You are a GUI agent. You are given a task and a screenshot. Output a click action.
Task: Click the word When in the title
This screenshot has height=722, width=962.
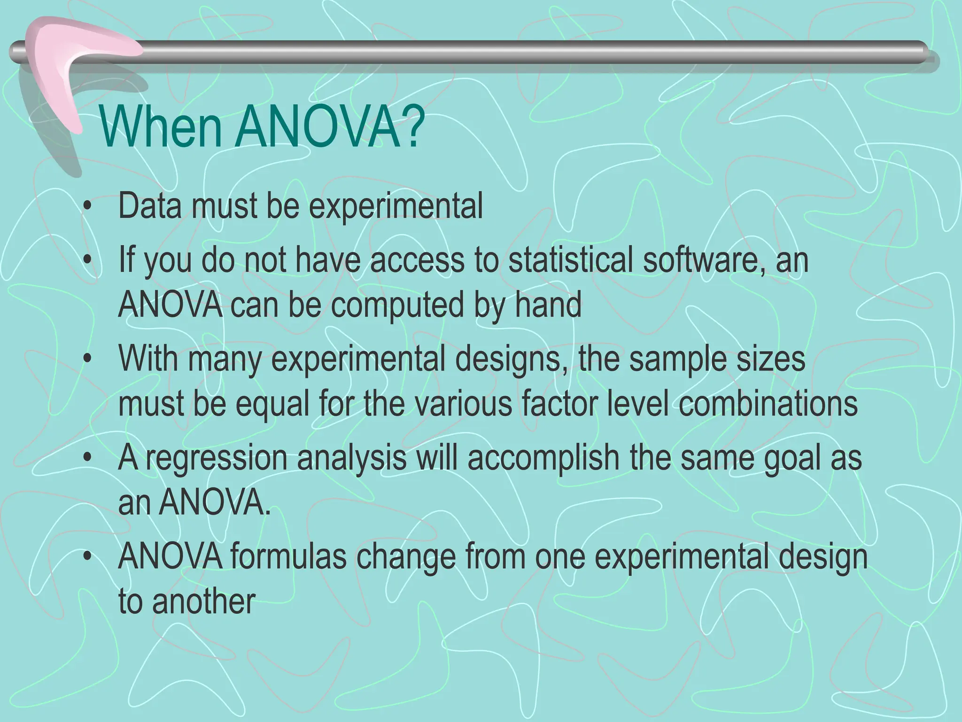[160, 127]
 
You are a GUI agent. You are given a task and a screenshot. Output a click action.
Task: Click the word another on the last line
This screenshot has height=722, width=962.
[204, 601]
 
